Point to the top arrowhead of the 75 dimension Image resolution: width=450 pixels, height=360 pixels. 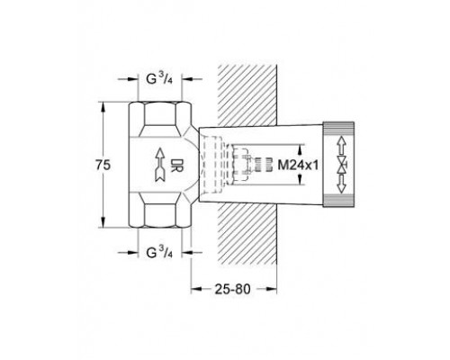pyautogui.click(x=108, y=103)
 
